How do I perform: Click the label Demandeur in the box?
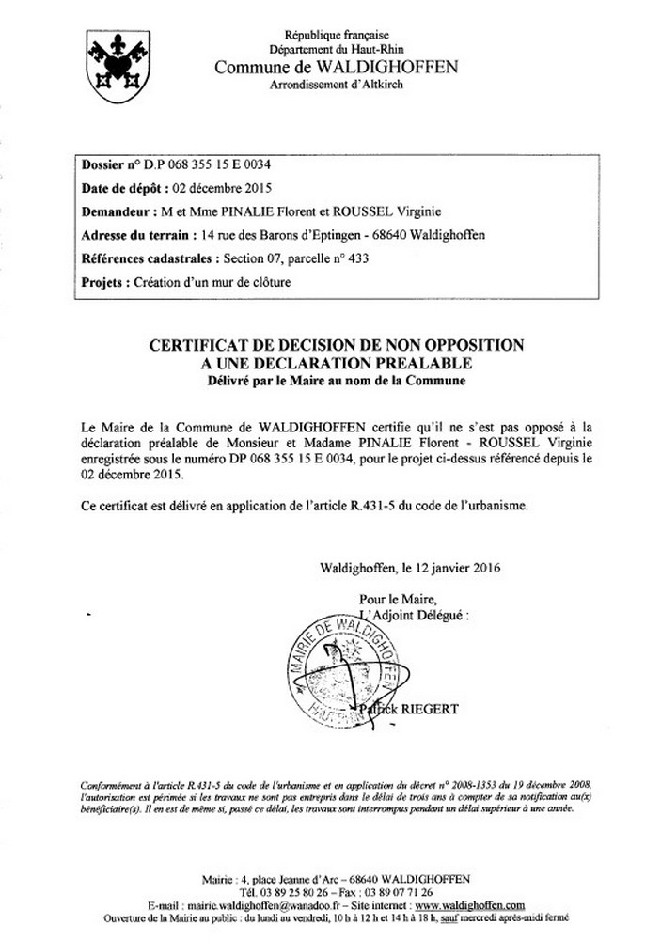pos(118,211)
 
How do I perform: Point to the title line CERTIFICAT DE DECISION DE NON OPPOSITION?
pos(337,347)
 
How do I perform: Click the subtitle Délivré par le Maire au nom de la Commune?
pos(337,381)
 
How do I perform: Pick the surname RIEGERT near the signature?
pos(431,709)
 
